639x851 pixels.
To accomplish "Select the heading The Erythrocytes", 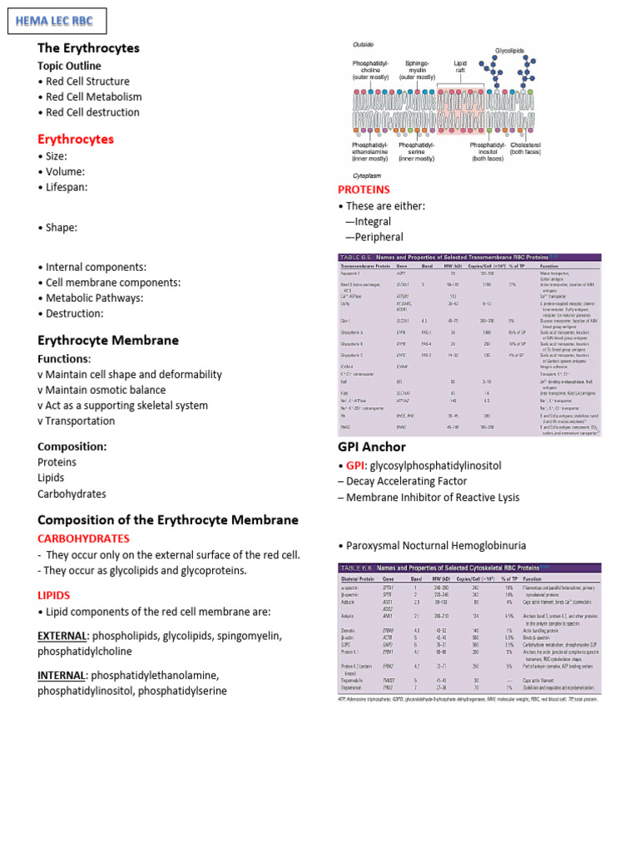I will pos(88,48).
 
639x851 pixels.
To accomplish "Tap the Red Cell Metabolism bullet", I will pos(93,97).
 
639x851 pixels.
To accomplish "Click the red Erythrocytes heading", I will pos(76,139).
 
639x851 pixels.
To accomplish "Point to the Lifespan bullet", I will pos(62,187).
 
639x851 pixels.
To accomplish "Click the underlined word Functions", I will pos(63,359).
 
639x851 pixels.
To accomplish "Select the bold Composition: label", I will pos(72,446).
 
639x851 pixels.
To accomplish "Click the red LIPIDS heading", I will pos(54,595).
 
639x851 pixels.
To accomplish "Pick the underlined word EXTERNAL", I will pos(63,636).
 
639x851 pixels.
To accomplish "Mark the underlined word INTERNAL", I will pos(62,675).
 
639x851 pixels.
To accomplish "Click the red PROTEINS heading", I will pos(364,189).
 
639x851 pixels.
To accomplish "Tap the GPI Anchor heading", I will pos(372,446).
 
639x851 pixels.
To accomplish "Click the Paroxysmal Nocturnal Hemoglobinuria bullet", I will pos(432,544).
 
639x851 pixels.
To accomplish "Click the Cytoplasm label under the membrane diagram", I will pos(368,176).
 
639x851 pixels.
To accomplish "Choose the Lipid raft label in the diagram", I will pos(460,67).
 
